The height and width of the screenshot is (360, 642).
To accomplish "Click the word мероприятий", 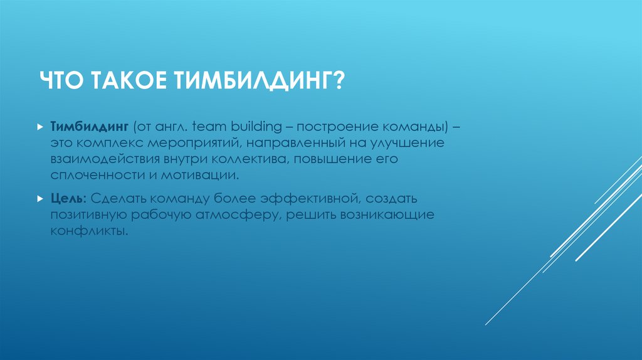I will (190, 144).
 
